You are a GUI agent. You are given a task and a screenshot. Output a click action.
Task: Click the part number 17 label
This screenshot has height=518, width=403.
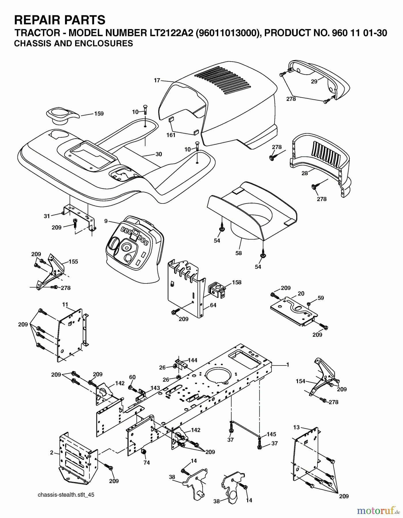[x=157, y=81]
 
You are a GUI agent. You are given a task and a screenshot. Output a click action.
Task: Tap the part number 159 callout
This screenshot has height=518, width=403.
[x=99, y=114]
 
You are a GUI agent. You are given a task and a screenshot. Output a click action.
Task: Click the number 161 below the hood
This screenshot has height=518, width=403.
[x=171, y=135]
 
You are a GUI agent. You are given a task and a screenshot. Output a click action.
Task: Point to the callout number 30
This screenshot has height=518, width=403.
[x=159, y=154]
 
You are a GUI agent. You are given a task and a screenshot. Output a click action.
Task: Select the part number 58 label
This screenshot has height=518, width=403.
[x=238, y=253]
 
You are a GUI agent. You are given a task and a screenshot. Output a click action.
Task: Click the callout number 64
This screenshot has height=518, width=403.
[x=213, y=305]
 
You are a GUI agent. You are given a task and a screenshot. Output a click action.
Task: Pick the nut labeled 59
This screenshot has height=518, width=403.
[x=309, y=304]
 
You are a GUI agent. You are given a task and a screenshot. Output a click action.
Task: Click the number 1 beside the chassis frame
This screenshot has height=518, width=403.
[x=287, y=365]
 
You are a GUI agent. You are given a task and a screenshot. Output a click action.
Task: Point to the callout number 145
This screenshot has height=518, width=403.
[x=271, y=434]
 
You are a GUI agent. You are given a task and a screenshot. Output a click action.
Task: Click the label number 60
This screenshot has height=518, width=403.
[x=132, y=377]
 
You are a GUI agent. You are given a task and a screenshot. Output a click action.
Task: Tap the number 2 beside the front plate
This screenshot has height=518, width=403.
[x=52, y=453]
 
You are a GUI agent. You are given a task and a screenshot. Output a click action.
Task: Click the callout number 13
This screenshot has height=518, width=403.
[x=296, y=427]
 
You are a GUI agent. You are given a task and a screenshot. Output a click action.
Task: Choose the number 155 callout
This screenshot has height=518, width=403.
[x=73, y=262]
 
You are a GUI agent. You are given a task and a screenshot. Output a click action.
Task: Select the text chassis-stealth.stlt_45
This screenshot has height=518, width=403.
[x=66, y=495]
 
